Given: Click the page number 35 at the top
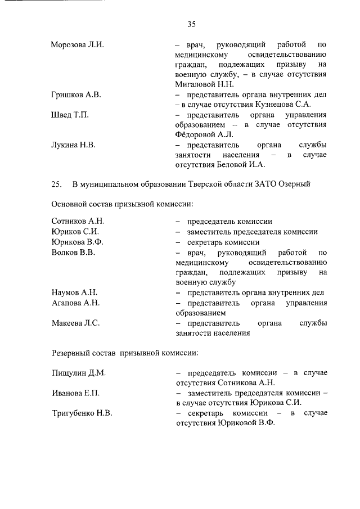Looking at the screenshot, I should click(191, 24).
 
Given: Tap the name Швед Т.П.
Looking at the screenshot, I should click(70, 115).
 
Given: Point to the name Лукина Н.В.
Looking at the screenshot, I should click(73, 145).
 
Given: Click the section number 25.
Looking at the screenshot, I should click(56, 184).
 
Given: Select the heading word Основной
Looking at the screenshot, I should click(70, 204).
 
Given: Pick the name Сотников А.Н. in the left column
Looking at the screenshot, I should click(78, 222).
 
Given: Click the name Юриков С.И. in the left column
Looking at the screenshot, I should click(75, 232).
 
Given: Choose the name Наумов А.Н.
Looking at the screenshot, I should click(74, 292).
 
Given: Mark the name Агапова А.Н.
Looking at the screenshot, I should click(75, 303).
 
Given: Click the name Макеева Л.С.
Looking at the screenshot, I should click(75, 323).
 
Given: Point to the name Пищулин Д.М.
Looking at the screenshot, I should click(79, 373).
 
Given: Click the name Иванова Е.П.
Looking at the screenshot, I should click(75, 393).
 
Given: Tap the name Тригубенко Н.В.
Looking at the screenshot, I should click(82, 413).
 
